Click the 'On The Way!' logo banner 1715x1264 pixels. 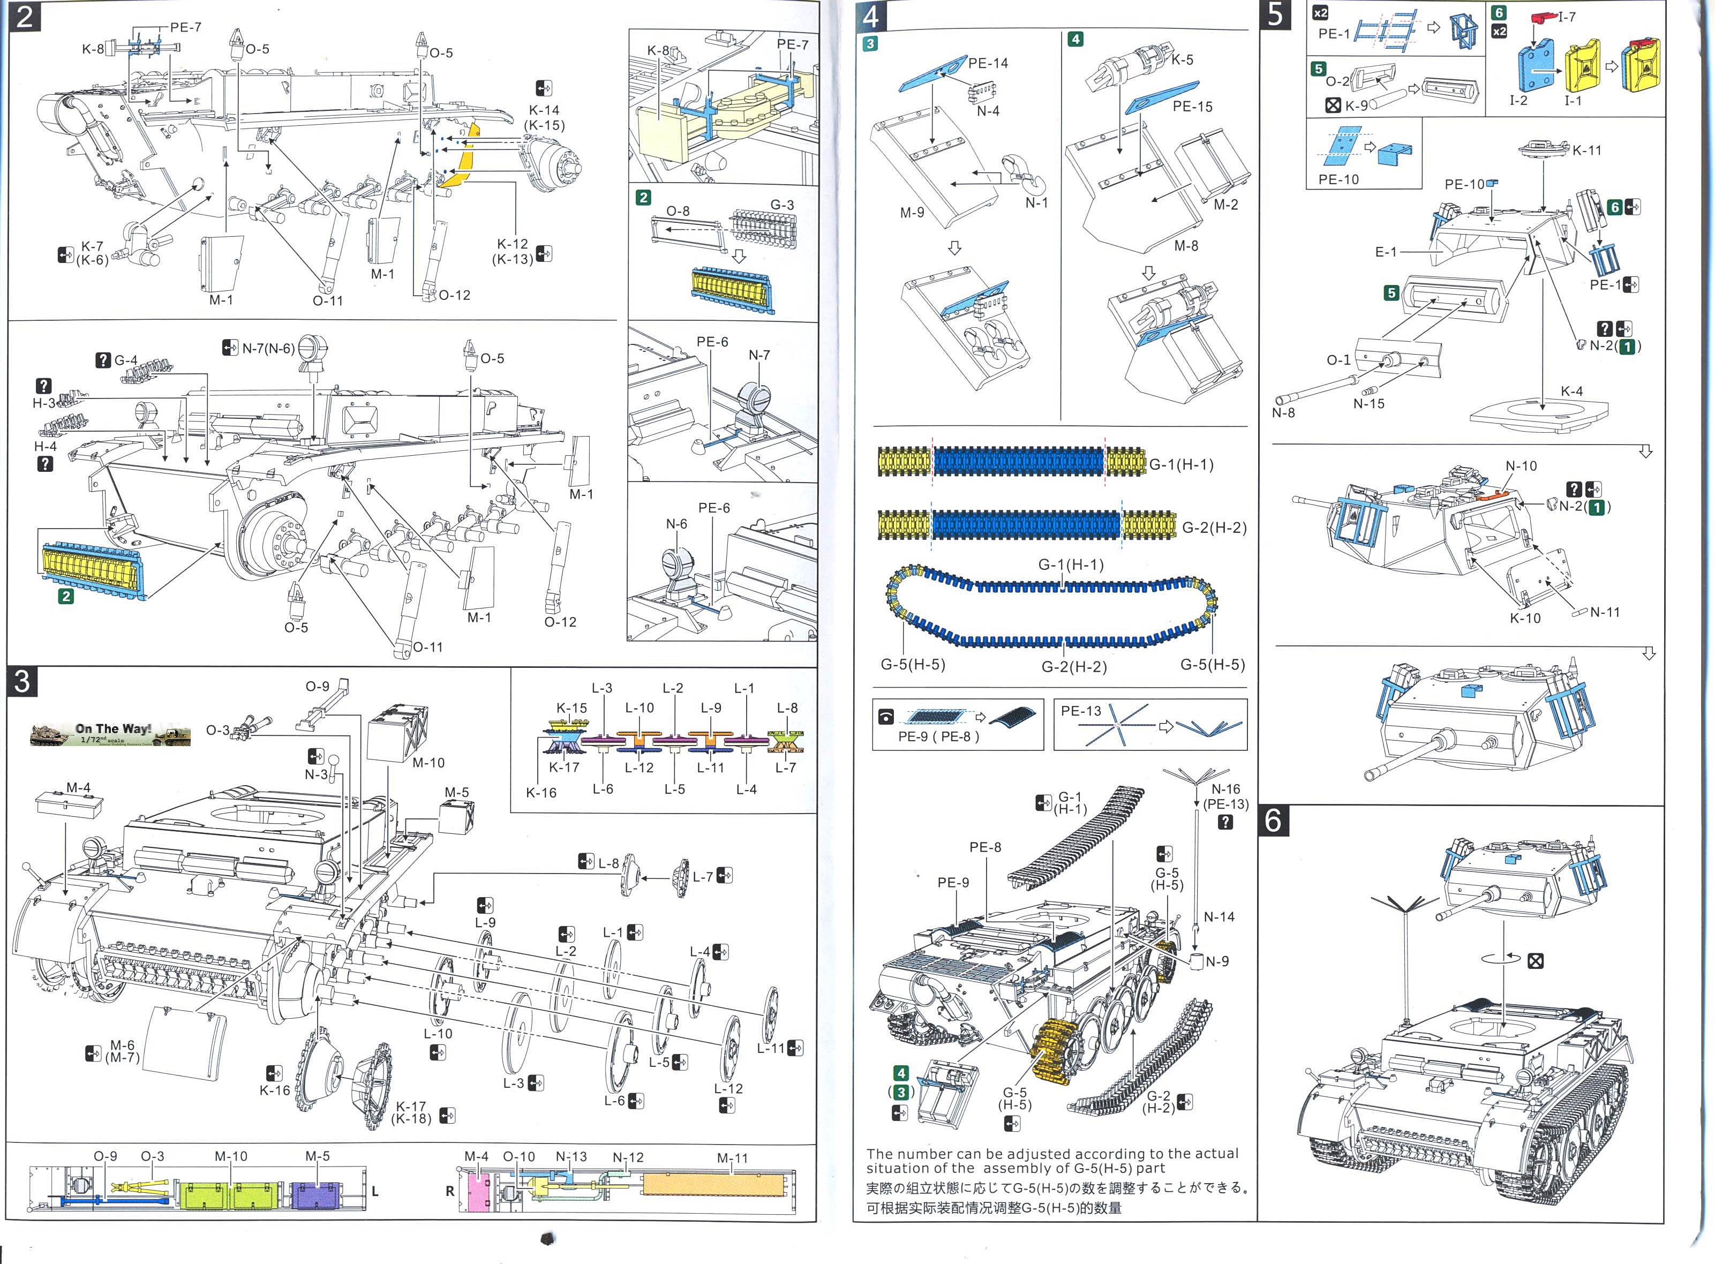[110, 734]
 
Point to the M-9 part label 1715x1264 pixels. [912, 213]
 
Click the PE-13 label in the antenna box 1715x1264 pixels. [1081, 711]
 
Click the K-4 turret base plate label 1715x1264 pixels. [1571, 391]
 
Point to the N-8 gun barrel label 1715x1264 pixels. [1283, 412]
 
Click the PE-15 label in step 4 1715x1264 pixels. [1193, 107]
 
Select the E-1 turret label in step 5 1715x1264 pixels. [1385, 252]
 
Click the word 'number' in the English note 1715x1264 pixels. [924, 1153]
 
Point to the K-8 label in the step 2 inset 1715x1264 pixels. [658, 50]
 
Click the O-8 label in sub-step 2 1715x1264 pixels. [677, 211]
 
